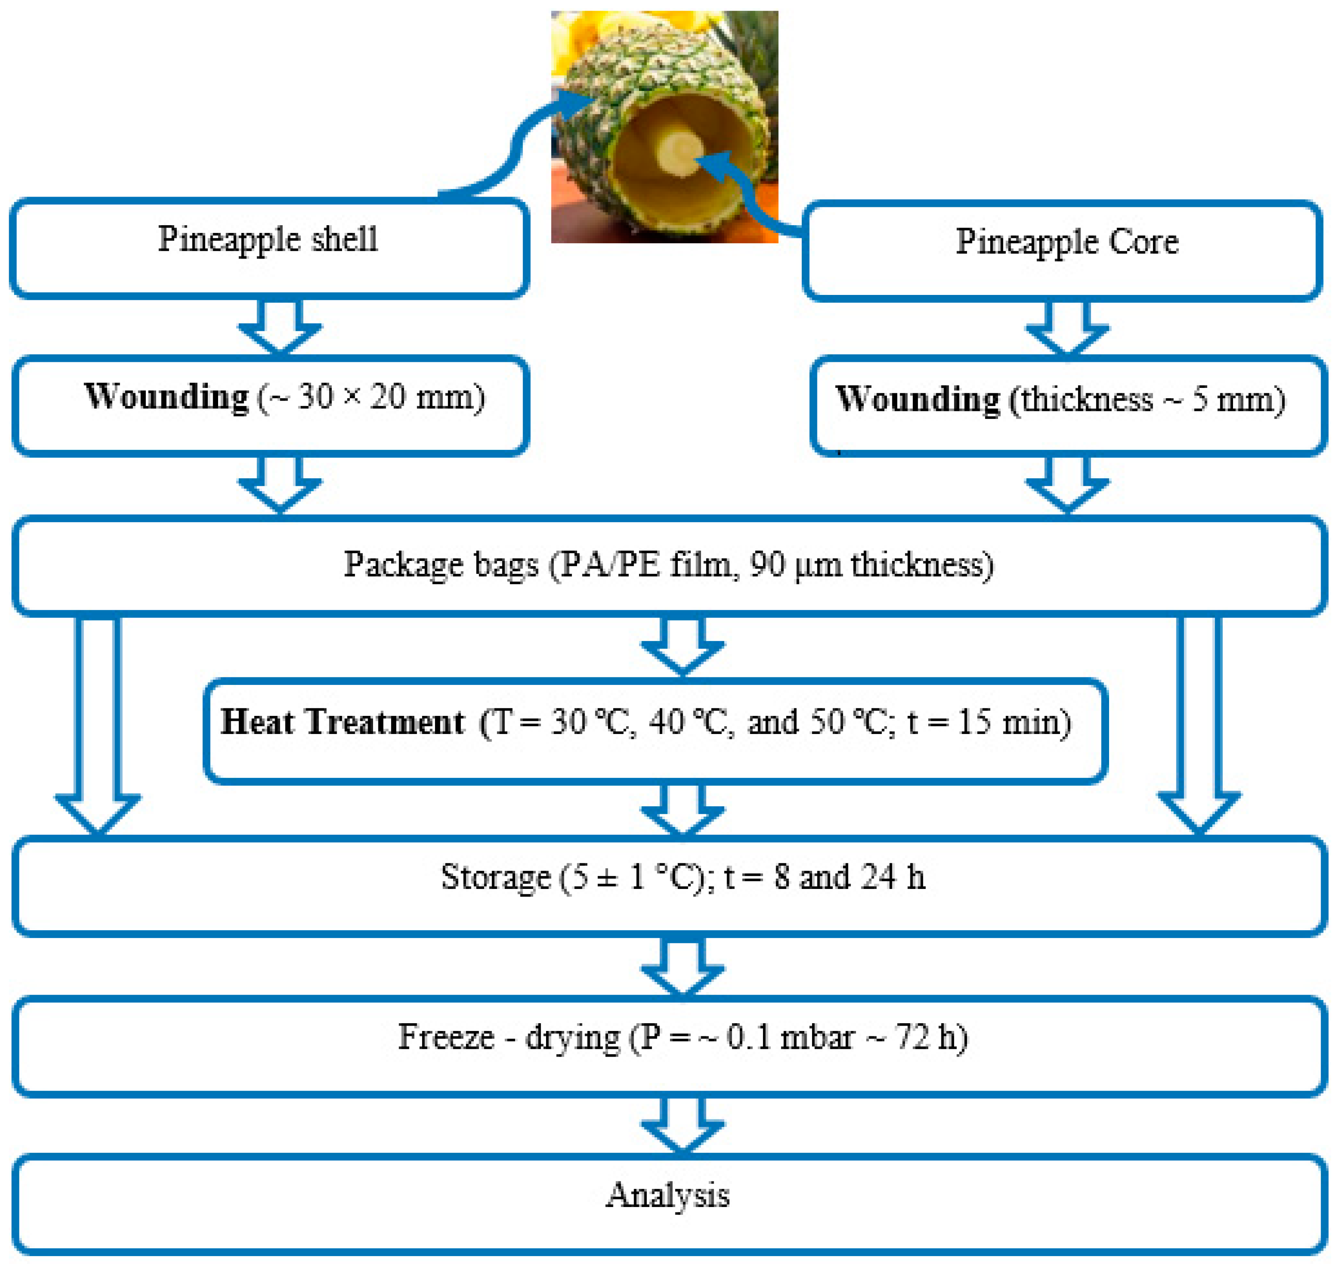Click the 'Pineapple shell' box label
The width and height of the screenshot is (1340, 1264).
268,239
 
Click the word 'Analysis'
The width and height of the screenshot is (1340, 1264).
667,1196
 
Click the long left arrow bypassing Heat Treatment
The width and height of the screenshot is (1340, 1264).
98,721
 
